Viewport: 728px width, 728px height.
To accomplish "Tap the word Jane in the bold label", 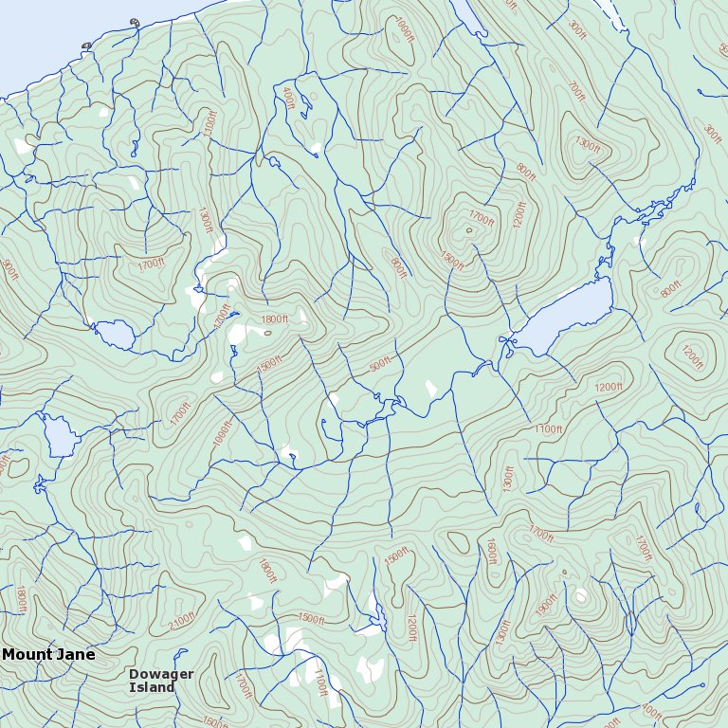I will point(73,654).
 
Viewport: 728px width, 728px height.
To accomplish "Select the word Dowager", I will point(161,674).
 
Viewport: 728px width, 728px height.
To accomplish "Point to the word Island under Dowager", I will point(152,687).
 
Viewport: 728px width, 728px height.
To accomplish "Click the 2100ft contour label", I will point(181,621).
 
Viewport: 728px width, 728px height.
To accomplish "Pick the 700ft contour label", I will point(575,92).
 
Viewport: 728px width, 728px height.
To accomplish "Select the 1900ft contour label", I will point(547,604).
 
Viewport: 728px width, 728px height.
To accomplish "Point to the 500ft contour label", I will point(380,364).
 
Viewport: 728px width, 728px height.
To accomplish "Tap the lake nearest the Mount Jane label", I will point(59,437).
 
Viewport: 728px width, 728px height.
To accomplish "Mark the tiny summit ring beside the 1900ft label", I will point(564,573).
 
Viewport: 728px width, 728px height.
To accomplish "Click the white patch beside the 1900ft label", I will point(580,596).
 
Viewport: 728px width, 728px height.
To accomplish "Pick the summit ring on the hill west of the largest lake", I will point(468,229).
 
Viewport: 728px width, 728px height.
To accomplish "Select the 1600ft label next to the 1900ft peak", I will point(491,551).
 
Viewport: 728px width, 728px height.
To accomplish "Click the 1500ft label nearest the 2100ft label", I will point(311,618).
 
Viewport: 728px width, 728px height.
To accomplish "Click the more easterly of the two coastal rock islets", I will point(134,23).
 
